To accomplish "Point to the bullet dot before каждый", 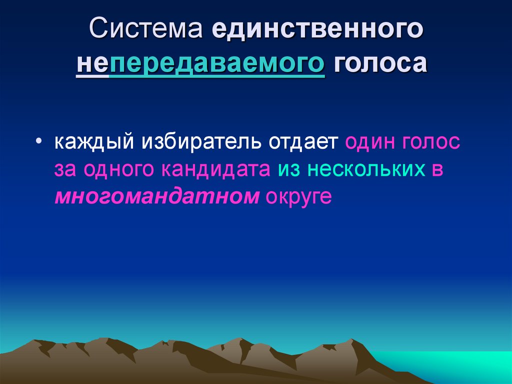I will [x=39, y=142].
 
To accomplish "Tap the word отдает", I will [x=304, y=142].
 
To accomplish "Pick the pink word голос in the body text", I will [x=429, y=142].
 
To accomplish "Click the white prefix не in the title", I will [x=92, y=65].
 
